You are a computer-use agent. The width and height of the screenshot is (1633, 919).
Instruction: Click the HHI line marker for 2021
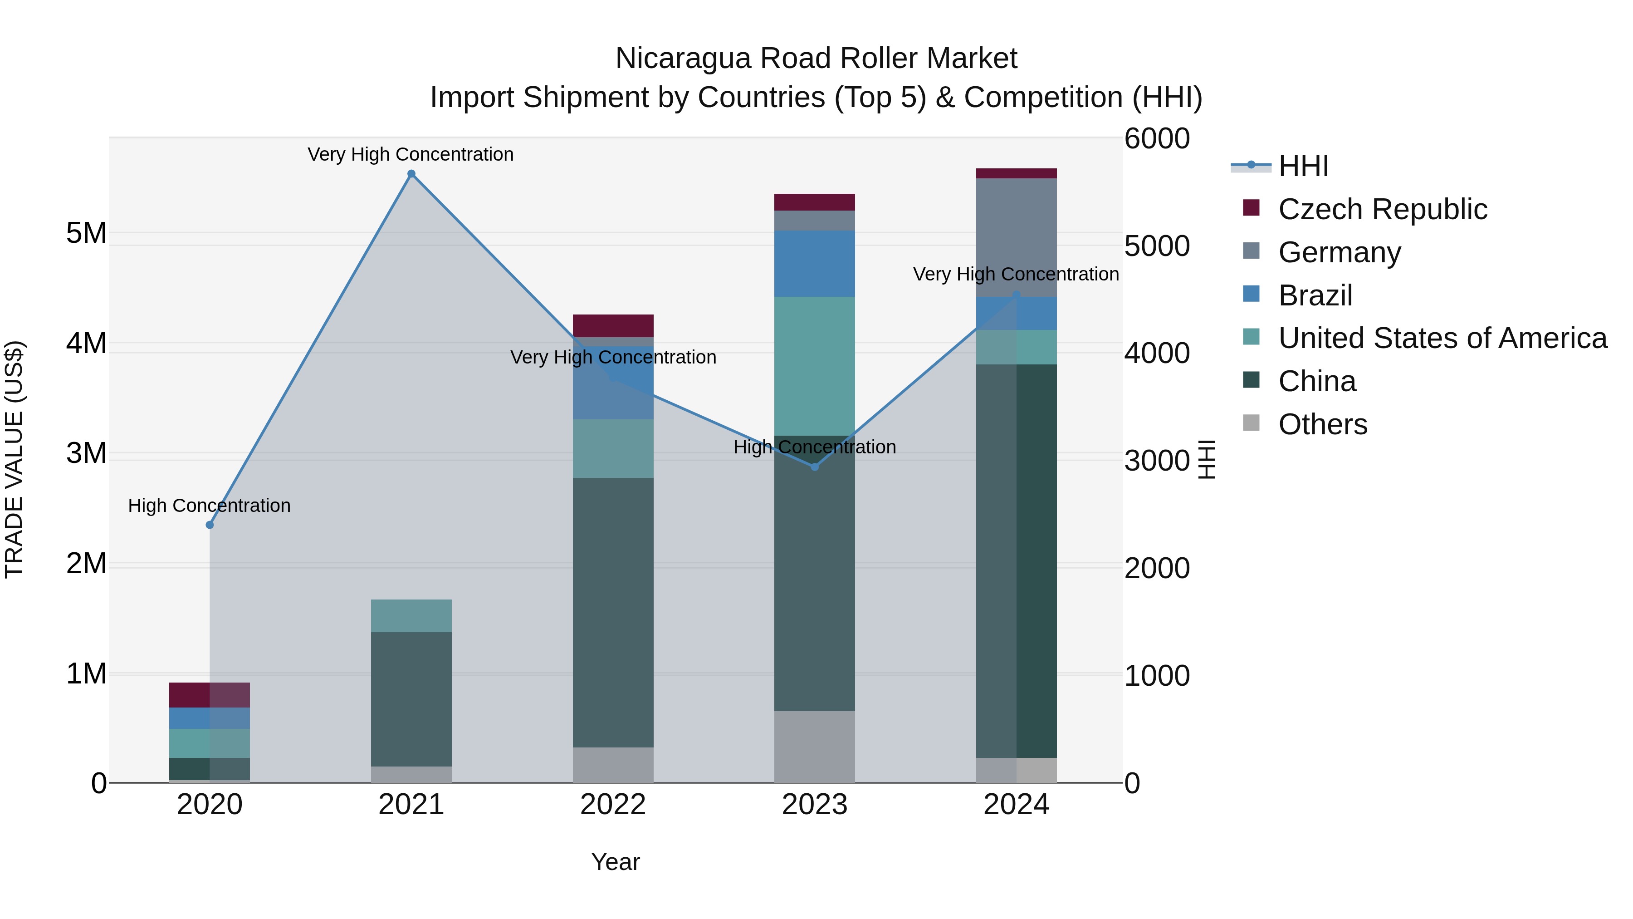coord(411,174)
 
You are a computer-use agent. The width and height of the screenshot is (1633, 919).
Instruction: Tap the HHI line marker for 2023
coord(815,467)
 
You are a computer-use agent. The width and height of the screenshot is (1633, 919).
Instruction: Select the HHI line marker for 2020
coord(210,525)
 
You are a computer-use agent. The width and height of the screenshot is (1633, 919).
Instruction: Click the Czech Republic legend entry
coord(1382,209)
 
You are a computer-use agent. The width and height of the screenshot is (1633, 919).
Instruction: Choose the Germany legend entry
coord(1339,252)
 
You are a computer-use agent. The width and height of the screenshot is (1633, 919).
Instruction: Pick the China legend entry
coord(1317,381)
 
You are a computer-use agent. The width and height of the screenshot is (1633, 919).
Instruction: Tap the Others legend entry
coord(1322,424)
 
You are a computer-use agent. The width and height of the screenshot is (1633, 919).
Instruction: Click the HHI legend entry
coord(1303,166)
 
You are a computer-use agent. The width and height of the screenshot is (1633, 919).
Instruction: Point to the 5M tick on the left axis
coord(86,233)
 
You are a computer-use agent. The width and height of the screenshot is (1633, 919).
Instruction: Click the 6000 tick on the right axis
coord(1157,138)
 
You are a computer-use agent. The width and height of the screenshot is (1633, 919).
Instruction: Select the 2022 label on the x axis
coord(612,805)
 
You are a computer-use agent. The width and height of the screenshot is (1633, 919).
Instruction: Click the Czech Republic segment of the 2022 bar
coord(612,325)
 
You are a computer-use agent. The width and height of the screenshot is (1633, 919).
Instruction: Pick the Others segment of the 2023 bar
coord(815,747)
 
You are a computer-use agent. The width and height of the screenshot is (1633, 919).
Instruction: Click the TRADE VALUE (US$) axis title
coord(14,459)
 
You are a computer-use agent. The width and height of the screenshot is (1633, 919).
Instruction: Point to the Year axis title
coord(615,862)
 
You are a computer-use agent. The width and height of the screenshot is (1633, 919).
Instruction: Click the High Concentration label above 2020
coord(209,506)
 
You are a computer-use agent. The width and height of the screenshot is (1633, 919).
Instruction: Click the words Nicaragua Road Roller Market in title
coord(816,59)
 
